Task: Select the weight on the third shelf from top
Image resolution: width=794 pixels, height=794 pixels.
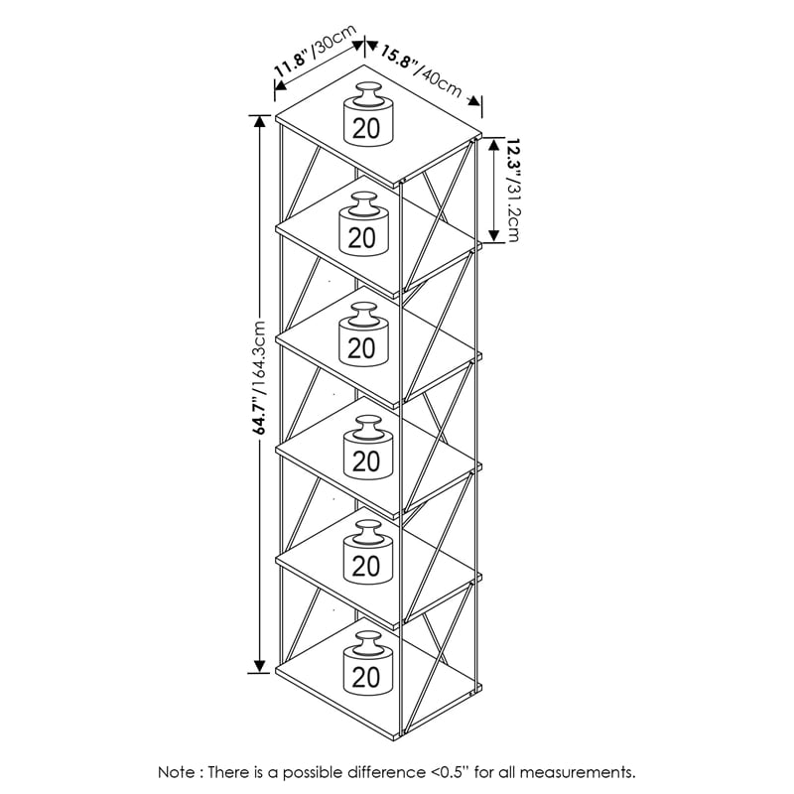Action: pos(363,334)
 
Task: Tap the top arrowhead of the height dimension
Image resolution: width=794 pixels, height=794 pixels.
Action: pos(260,122)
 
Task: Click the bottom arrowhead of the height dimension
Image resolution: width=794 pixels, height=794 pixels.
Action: pos(260,666)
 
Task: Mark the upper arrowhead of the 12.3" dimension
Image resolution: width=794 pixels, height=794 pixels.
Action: pos(494,145)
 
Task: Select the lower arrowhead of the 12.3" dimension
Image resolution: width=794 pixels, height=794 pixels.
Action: pos(494,235)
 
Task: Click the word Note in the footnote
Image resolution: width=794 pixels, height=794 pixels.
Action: pos(177,772)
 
